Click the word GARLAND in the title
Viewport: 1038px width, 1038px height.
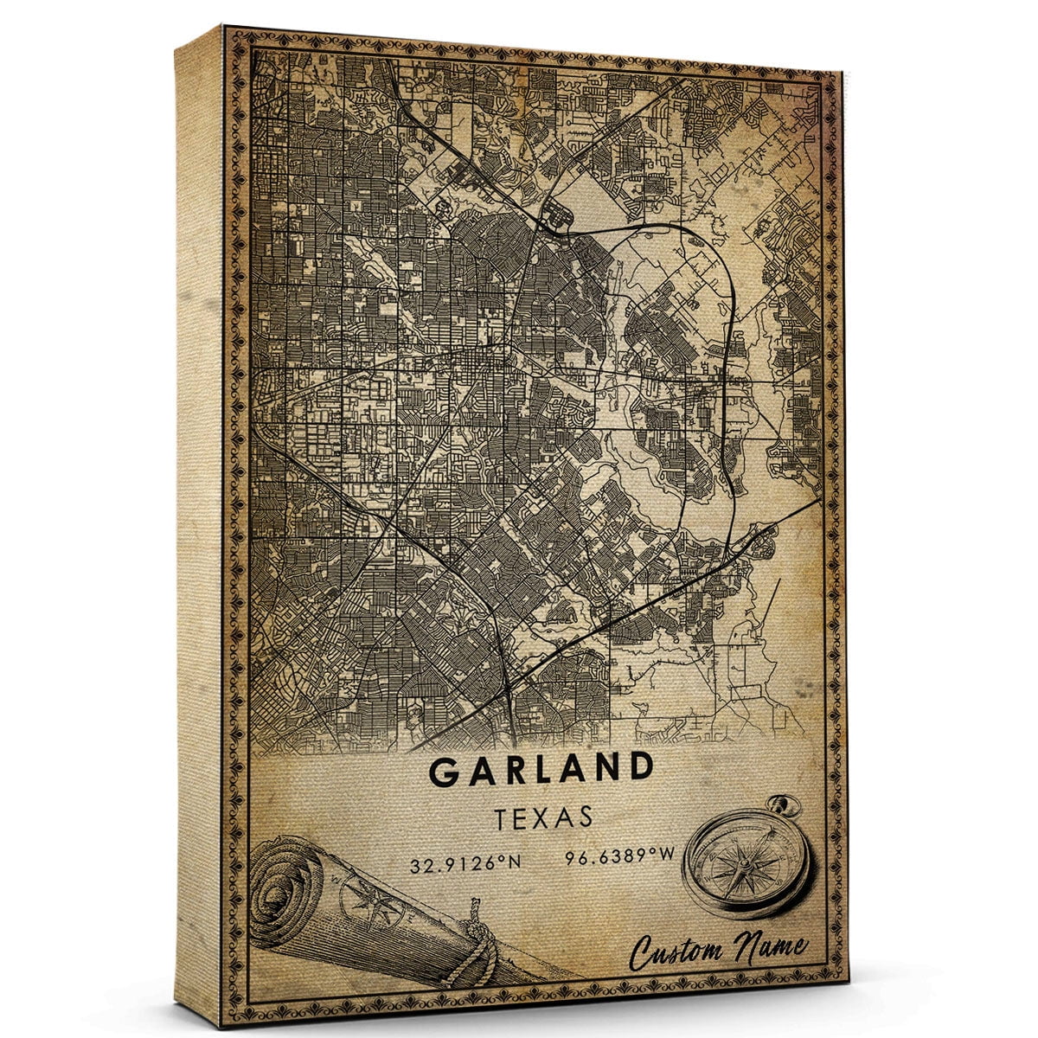[541, 769]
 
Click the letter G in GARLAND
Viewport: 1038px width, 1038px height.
[443, 772]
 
